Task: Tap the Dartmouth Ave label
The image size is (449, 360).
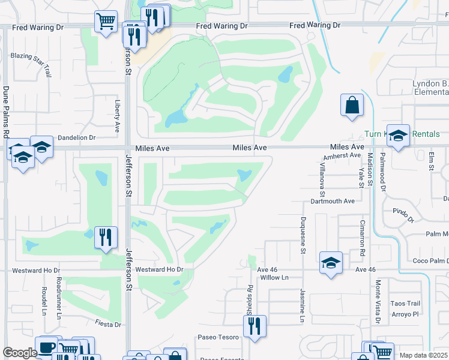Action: click(x=333, y=201)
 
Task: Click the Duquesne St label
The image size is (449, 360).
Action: click(x=304, y=235)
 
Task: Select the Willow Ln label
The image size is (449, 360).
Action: click(x=273, y=278)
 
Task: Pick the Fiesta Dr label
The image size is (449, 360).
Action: click(x=108, y=325)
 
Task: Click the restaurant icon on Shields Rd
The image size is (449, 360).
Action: click(x=255, y=326)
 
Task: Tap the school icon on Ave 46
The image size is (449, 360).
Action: click(x=331, y=262)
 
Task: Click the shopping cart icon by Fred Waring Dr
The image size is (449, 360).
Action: click(x=106, y=22)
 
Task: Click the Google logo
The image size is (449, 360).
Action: click(x=20, y=353)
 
